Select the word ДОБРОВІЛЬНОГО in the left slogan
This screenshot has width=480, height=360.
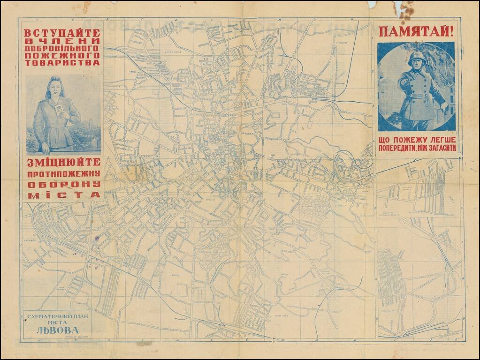tap(62, 48)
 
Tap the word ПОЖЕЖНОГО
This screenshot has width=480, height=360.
tap(62, 55)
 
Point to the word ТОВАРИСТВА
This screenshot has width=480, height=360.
tap(62, 62)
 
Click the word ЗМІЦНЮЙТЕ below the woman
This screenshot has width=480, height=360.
tap(62, 162)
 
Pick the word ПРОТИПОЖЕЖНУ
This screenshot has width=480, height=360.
tap(62, 173)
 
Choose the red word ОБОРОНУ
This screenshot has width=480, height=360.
tap(62, 184)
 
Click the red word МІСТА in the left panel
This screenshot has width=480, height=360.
tap(62, 195)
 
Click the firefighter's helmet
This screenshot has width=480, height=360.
tap(415, 58)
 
